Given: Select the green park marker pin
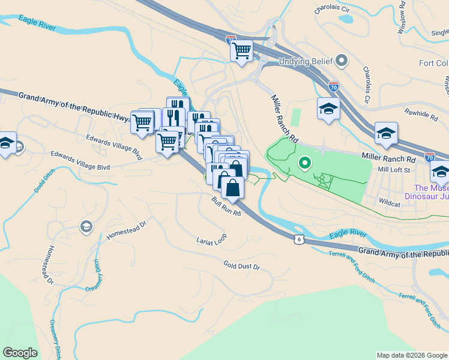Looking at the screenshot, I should pos(305,162).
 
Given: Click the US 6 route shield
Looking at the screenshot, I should pos(299,239).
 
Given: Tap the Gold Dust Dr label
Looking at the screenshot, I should pos(241,265).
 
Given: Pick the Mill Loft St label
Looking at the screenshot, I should pos(393,170).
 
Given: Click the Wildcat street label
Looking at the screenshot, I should pos(389,204).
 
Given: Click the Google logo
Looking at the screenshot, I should pos(20,353).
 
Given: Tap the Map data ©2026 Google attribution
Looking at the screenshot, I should pos(412,355).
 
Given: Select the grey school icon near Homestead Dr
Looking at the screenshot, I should pos(85,226).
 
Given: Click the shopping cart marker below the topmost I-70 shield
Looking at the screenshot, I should pos(241,51).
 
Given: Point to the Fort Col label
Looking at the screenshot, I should pos(433,63).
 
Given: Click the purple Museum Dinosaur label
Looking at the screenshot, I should pos(427,191).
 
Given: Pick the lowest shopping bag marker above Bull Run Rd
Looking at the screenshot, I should pos(232,188).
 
